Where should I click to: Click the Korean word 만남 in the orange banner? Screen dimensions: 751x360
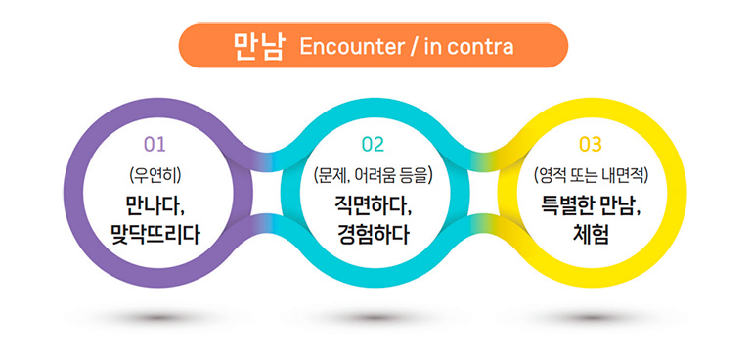(258, 47)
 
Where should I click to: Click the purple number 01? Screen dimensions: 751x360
(155, 144)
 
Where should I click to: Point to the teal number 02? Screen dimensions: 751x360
(374, 144)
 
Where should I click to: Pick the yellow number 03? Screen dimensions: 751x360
(591, 144)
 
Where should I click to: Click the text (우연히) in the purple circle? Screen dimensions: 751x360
(155, 176)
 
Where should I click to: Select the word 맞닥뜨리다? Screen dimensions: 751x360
(155, 235)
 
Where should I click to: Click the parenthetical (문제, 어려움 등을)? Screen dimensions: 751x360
(374, 176)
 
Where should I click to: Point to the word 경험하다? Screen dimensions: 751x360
(374, 235)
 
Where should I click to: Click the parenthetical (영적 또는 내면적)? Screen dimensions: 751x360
(591, 176)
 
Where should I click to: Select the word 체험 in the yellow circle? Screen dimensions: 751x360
(591, 235)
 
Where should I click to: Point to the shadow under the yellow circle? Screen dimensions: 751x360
(592, 317)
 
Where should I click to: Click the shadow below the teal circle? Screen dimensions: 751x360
(375, 317)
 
